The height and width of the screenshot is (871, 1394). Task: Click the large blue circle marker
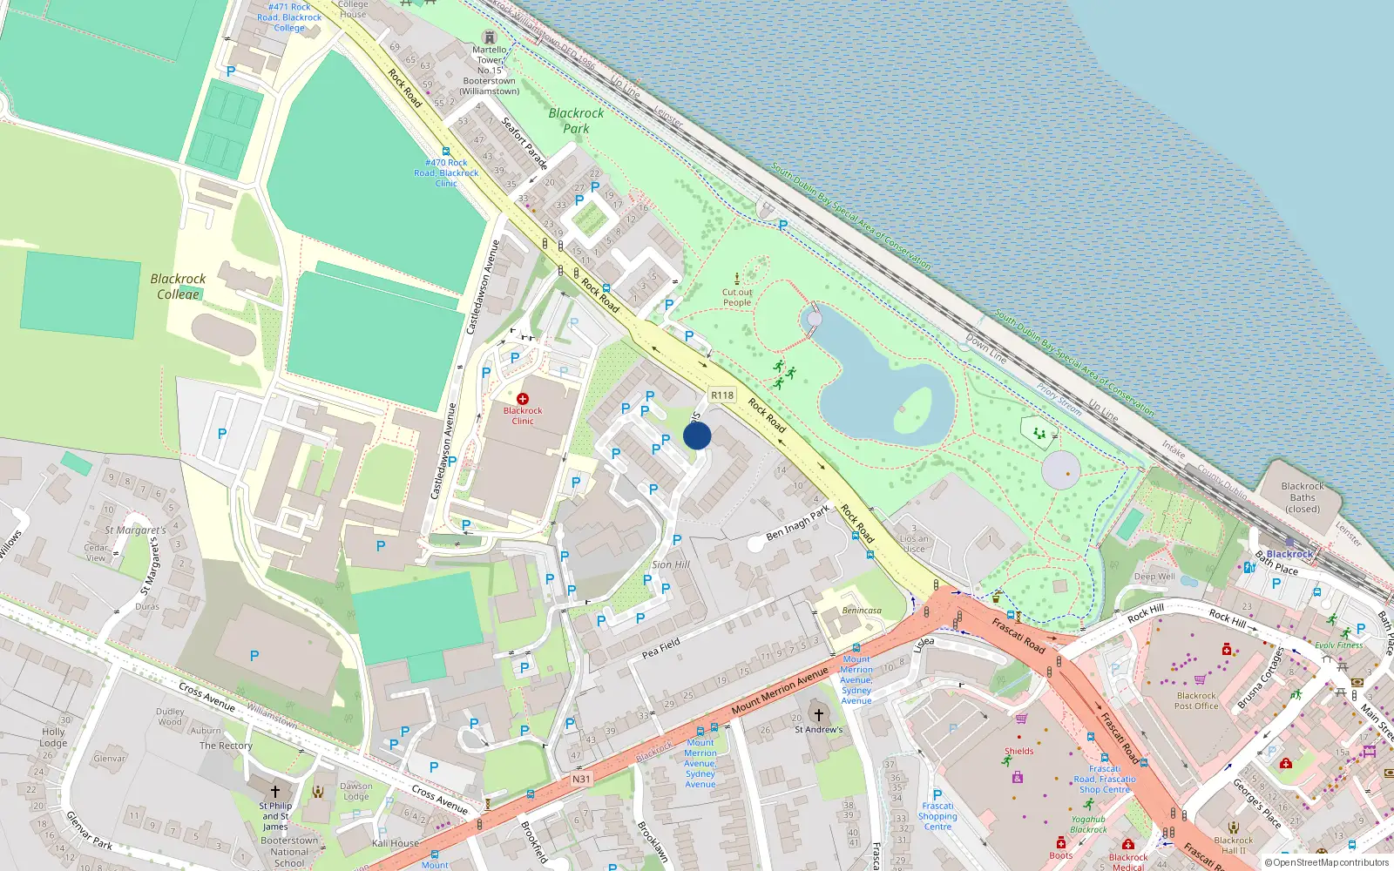click(x=697, y=435)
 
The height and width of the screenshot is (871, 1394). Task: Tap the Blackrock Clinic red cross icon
click(x=523, y=399)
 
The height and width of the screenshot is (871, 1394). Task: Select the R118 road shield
click(x=722, y=395)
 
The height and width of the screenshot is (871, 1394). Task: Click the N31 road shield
click(x=581, y=780)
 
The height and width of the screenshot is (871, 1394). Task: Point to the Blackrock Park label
click(x=576, y=120)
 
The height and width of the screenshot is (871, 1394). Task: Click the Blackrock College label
click(x=178, y=286)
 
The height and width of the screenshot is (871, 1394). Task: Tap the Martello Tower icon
click(x=490, y=37)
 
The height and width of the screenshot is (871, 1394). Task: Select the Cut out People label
click(x=737, y=298)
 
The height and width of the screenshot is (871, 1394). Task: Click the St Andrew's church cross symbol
click(x=819, y=715)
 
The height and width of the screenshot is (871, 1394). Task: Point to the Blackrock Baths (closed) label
click(x=1303, y=497)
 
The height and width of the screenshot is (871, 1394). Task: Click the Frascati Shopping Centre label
click(x=937, y=816)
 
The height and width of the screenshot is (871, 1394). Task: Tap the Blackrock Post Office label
click(x=1196, y=701)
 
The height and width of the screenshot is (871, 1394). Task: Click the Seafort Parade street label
click(x=524, y=143)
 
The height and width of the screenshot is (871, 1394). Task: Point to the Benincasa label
click(x=862, y=611)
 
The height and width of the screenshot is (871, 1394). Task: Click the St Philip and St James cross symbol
click(x=275, y=792)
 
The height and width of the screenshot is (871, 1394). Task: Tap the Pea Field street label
click(x=660, y=648)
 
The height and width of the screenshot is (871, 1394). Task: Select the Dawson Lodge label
click(x=355, y=791)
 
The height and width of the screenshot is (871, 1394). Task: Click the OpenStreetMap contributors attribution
click(x=1327, y=863)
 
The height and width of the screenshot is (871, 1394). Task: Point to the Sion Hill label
click(x=671, y=564)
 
